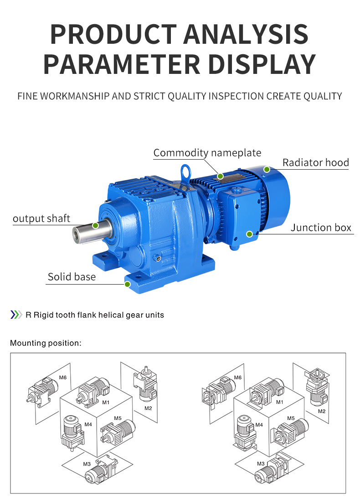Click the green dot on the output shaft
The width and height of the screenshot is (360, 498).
(95, 225)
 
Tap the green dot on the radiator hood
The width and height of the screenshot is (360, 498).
(267, 170)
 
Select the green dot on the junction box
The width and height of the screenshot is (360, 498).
(250, 234)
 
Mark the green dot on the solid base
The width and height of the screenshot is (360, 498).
(128, 284)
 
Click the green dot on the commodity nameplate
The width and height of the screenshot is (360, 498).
(220, 176)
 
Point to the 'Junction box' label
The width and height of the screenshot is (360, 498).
(321, 228)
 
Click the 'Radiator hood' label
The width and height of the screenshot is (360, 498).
(315, 163)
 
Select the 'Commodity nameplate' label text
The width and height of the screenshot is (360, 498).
(207, 153)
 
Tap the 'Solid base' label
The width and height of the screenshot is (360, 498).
(72, 277)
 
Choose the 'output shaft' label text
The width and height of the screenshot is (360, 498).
(41, 218)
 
